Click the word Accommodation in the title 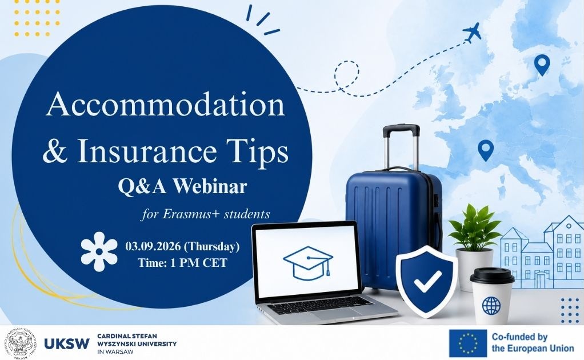[166, 105]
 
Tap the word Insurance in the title [146, 151]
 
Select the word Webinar [210, 186]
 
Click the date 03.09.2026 [153, 246]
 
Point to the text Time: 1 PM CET [182, 263]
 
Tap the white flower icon [99, 251]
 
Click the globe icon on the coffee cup [491, 305]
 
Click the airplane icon [472, 33]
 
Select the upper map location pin [542, 65]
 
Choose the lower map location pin [486, 150]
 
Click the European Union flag [468, 343]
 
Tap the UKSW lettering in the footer [67, 343]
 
